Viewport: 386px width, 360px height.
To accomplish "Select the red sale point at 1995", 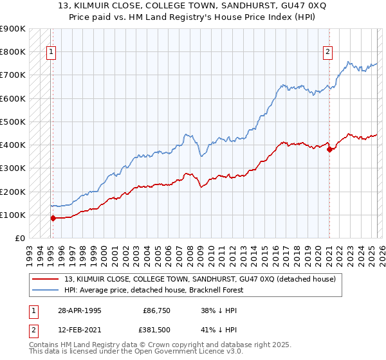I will coord(53,218).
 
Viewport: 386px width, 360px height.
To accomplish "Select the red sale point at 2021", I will coord(329,149).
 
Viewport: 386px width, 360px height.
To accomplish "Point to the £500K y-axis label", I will coord(13,122).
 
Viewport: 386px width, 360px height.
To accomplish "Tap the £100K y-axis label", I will coord(13,215).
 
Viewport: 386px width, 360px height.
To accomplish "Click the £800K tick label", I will coord(13,51).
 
